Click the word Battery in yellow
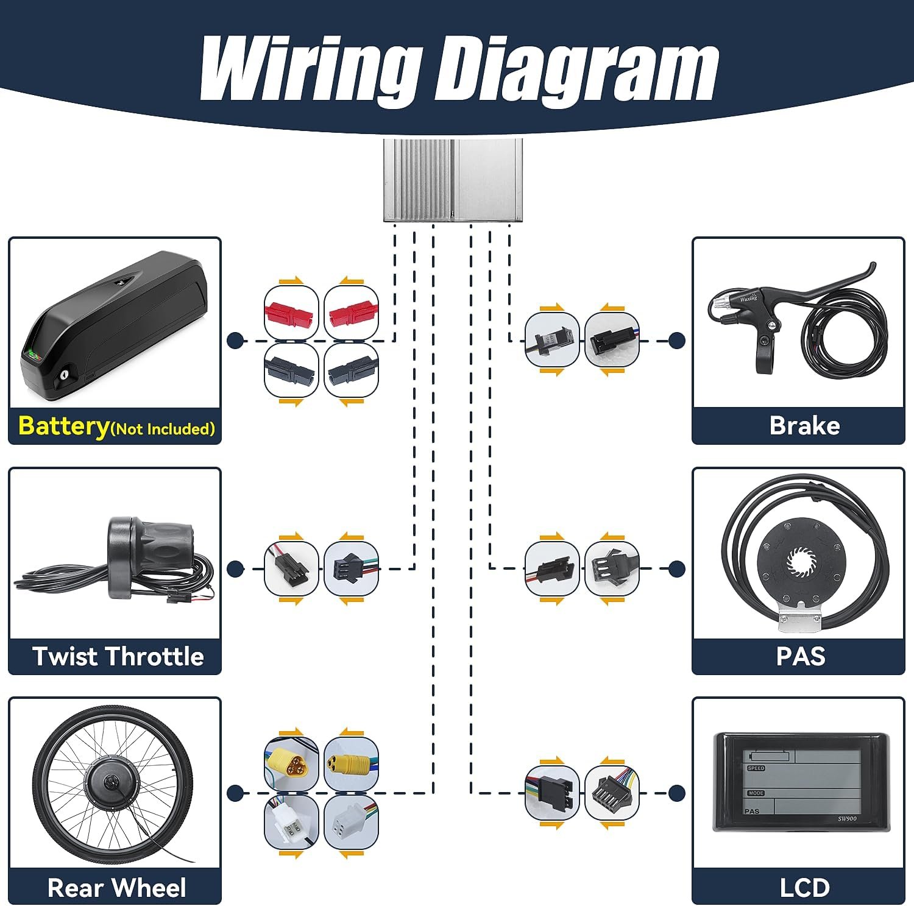pos(63,425)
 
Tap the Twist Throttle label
pos(118,656)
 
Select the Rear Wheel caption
pos(116,888)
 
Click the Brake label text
pos(804,425)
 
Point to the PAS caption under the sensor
pos(801,656)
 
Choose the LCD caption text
pos(804,888)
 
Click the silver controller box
pos(453,180)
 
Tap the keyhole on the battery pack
pos(64,378)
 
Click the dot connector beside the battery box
pos(235,341)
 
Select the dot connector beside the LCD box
pos(676,793)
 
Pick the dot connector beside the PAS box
pos(676,569)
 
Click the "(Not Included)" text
pos(163,429)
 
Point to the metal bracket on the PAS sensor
pos(800,620)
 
